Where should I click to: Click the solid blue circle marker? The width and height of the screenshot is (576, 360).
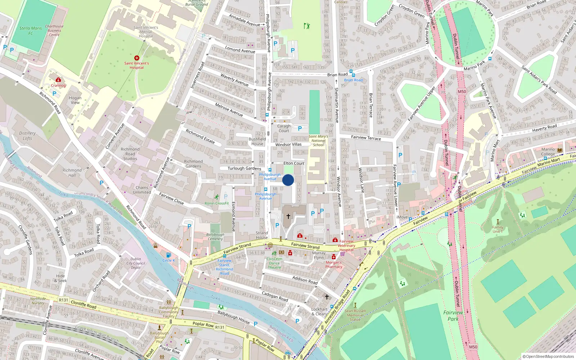click(x=288, y=180)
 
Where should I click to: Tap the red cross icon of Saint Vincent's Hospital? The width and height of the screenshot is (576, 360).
click(x=137, y=58)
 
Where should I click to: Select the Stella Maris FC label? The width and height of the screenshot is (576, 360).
click(x=31, y=31)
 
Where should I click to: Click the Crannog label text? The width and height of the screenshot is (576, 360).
click(x=58, y=86)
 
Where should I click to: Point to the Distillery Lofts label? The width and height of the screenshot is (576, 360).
click(x=27, y=136)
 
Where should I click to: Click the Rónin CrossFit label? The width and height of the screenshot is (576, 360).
click(x=217, y=203)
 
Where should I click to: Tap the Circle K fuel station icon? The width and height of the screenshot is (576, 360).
click(x=168, y=255)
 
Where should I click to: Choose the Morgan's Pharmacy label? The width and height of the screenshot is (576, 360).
click(x=334, y=265)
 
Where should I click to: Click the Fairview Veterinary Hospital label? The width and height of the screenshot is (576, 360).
click(x=346, y=246)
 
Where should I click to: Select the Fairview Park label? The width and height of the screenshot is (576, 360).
click(x=453, y=315)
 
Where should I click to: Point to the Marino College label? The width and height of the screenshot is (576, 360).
click(x=548, y=152)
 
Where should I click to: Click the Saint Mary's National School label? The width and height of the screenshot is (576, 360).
click(x=318, y=140)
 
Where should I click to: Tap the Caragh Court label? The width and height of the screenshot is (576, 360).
click(x=284, y=128)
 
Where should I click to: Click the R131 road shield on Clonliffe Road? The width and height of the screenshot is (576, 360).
click(x=63, y=300)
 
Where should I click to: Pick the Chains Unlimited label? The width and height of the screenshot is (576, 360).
click(x=142, y=190)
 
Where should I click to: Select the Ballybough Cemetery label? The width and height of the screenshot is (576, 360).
click(x=215, y=237)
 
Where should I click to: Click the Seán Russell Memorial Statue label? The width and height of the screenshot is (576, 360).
click(x=355, y=315)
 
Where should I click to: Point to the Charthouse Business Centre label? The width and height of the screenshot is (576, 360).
click(x=54, y=31)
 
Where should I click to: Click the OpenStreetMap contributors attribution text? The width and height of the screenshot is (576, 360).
click(x=550, y=357)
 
